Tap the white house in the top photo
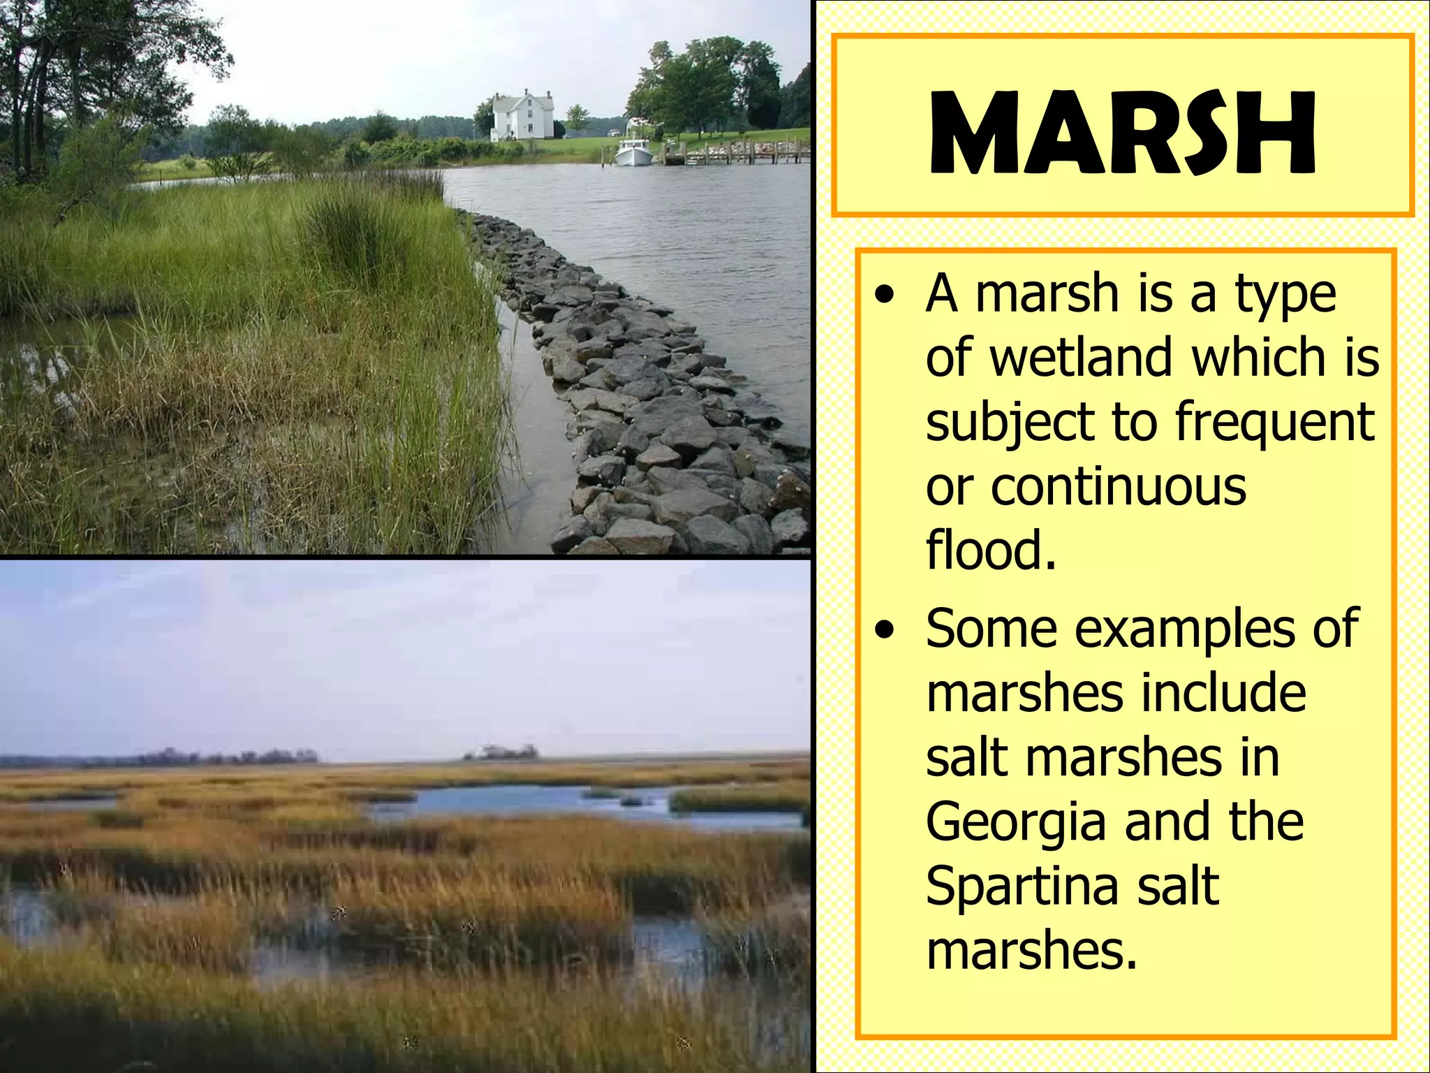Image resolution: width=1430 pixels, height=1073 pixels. point(522,116)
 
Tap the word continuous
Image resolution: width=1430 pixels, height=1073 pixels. point(1119,487)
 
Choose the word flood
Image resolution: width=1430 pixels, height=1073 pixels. point(991,550)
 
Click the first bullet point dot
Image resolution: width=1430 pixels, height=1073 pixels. point(886,295)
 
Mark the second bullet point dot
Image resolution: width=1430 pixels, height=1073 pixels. point(886,630)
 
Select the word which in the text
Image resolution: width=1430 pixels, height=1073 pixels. point(1258,358)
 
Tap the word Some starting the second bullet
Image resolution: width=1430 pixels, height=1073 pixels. point(992,629)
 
